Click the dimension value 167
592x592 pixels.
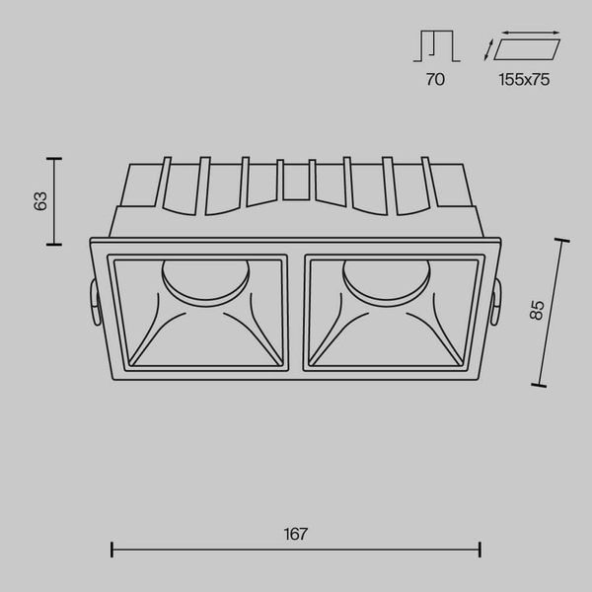(x=296, y=535)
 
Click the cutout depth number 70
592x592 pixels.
(x=434, y=80)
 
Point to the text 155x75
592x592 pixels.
(x=523, y=80)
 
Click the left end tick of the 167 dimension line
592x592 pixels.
(x=111, y=550)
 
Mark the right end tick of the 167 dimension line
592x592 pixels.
(x=481, y=550)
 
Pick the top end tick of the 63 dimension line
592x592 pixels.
(x=54, y=158)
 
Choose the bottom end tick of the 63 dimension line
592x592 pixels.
(x=54, y=243)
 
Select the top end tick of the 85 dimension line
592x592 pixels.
(x=562, y=240)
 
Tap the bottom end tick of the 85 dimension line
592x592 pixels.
(x=539, y=386)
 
